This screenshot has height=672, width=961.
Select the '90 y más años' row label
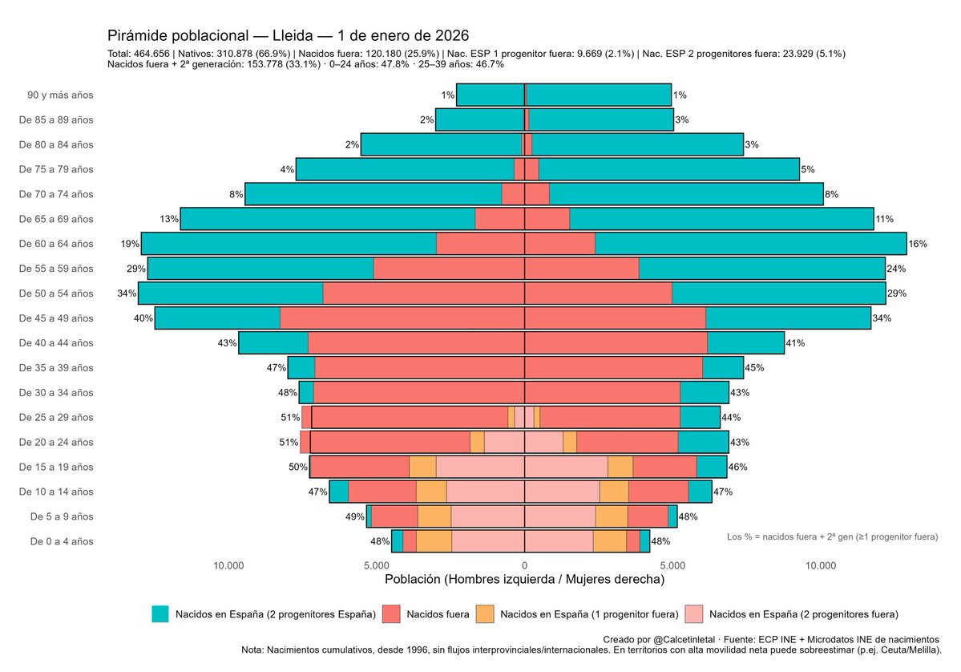(x=60, y=95)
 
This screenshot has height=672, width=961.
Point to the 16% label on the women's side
(x=917, y=244)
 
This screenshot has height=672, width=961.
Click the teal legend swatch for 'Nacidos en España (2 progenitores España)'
(x=160, y=614)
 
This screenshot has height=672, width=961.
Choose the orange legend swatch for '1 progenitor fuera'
(x=485, y=614)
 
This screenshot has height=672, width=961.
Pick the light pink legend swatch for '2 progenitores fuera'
(x=694, y=614)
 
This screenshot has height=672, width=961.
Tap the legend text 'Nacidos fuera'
(x=438, y=615)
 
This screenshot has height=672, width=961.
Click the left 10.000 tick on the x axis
(x=228, y=565)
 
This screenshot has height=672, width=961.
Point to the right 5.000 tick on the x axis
(x=672, y=565)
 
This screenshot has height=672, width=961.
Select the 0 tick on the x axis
(x=524, y=565)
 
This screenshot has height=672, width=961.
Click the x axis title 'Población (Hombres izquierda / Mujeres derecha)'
(x=524, y=579)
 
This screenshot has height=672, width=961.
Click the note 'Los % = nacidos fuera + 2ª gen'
(x=831, y=536)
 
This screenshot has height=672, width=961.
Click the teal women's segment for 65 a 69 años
(x=721, y=219)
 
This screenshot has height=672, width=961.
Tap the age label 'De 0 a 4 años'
(x=62, y=541)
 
